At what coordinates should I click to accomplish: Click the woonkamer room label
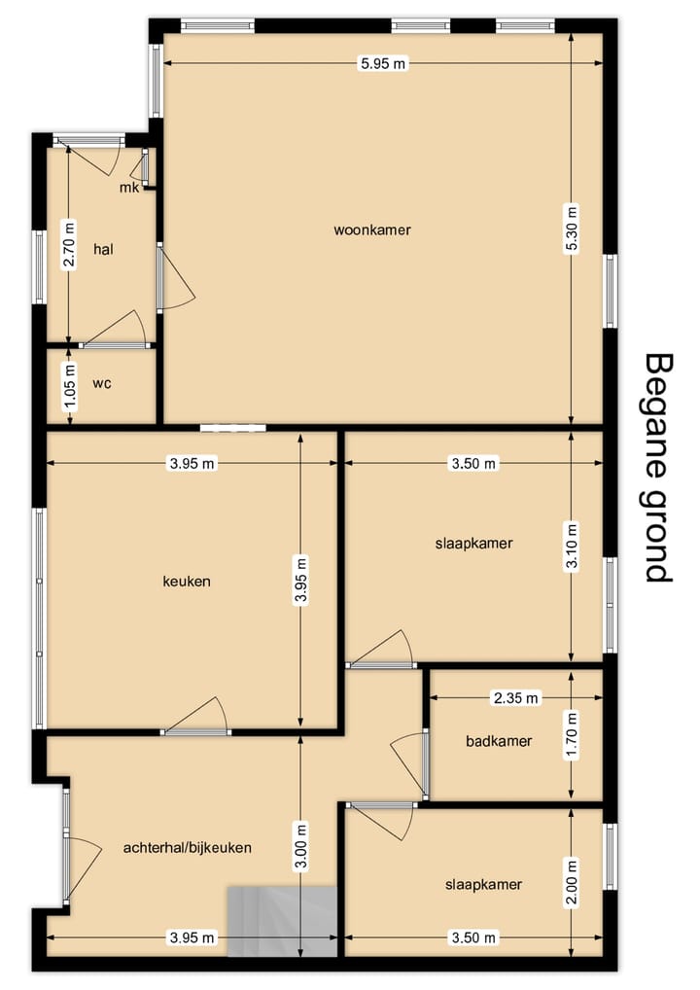[x=371, y=230]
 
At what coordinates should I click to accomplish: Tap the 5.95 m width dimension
[x=383, y=63]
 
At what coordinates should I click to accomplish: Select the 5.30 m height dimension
[x=572, y=230]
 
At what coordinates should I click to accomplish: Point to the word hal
[x=103, y=249]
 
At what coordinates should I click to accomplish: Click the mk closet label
[x=128, y=188]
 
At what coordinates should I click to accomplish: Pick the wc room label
[x=102, y=383]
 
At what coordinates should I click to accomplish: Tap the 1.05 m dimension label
[x=69, y=386]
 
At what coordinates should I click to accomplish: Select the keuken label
[x=187, y=581]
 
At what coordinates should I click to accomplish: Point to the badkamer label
[x=499, y=741]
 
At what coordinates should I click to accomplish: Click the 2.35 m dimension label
[x=515, y=697]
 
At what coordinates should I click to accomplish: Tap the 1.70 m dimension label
[x=572, y=736]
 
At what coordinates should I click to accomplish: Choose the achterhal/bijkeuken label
[x=188, y=847]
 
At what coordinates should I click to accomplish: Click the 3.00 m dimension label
[x=301, y=848]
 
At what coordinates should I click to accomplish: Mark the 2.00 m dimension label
[x=572, y=883]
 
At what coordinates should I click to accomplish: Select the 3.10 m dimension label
[x=572, y=547]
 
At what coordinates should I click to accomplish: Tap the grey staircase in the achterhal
[x=282, y=921]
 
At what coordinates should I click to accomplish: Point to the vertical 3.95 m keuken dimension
[x=300, y=581]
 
